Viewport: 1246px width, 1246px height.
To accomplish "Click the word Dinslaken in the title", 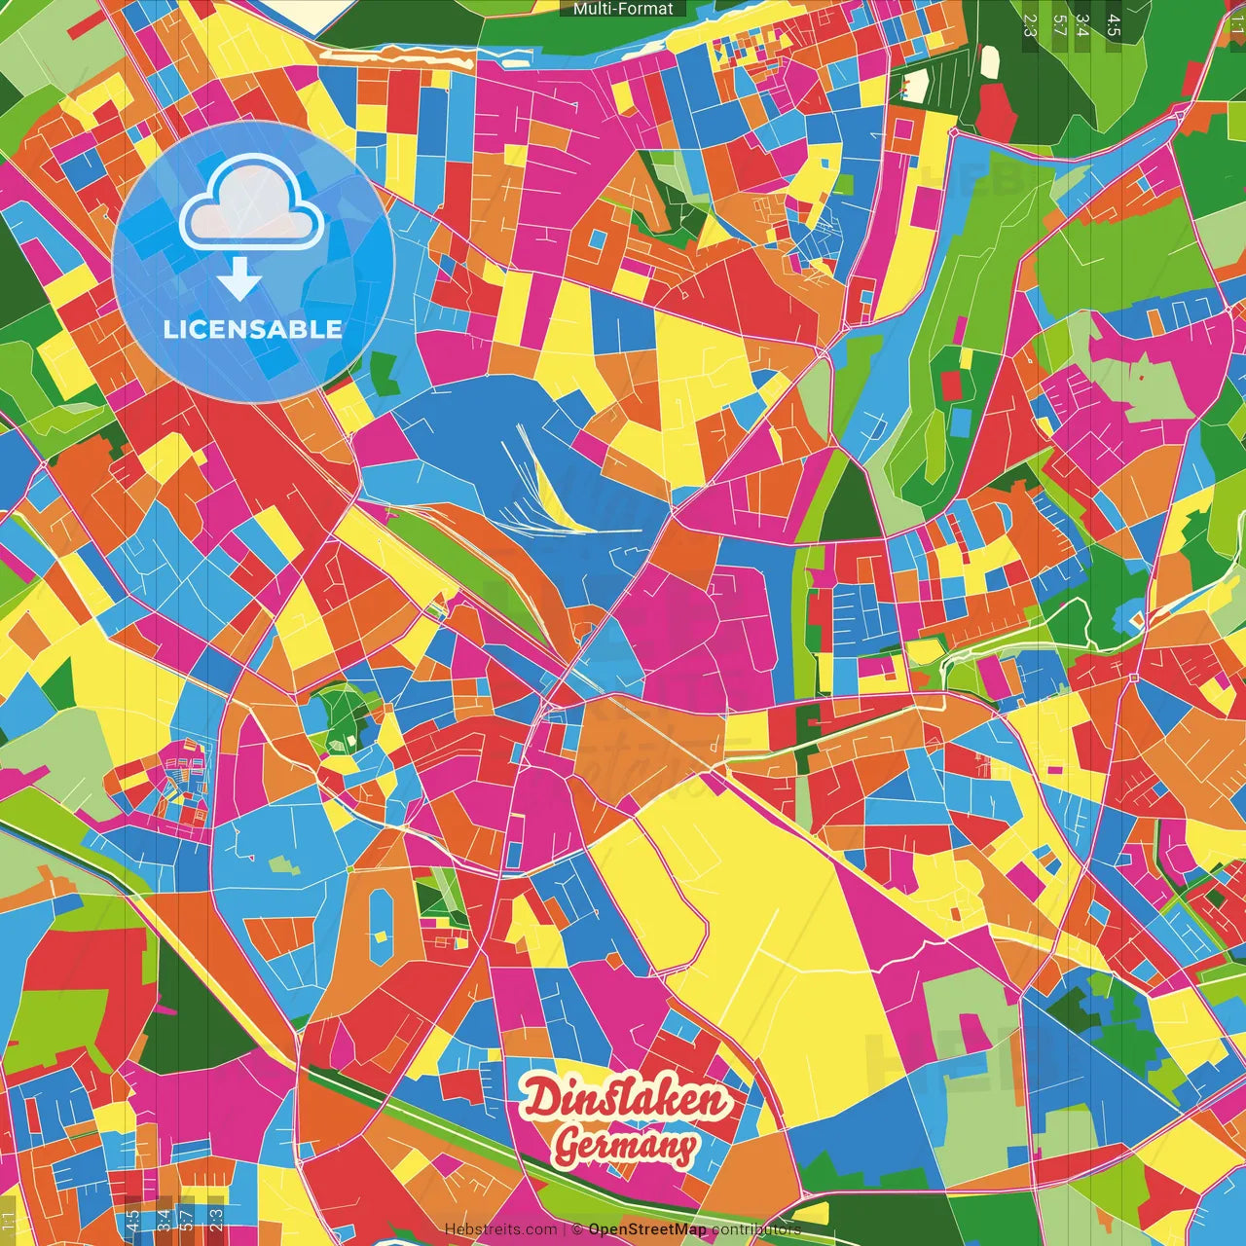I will (x=625, y=1099).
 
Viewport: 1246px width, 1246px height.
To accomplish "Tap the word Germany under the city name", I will (x=625, y=1146).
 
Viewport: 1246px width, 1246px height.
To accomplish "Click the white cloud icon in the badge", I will (x=252, y=205).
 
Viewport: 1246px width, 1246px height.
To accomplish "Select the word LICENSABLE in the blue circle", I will (x=253, y=329).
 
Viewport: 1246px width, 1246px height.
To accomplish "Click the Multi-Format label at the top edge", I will (x=623, y=9).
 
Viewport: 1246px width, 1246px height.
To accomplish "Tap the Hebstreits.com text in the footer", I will (x=500, y=1229).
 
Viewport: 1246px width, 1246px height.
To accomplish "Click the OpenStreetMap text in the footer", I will (x=647, y=1229).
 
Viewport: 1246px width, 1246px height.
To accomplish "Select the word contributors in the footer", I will (x=756, y=1229).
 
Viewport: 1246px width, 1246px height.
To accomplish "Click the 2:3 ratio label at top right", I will (x=1030, y=23).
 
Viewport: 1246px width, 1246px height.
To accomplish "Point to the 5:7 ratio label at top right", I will (x=1059, y=23).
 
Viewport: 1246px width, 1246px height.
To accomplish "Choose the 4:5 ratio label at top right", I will (x=1114, y=23).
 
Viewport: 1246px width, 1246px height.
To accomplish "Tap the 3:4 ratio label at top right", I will (x=1082, y=23).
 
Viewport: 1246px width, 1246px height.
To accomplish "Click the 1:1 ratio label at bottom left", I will (x=9, y=1220).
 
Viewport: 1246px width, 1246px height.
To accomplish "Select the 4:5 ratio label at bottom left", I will (x=132, y=1220).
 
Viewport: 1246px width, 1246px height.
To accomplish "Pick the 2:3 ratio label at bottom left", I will (x=216, y=1220).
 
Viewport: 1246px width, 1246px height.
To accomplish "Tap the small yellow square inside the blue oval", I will (x=381, y=937).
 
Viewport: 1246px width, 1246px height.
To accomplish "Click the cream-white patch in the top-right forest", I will (x=990, y=60).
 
